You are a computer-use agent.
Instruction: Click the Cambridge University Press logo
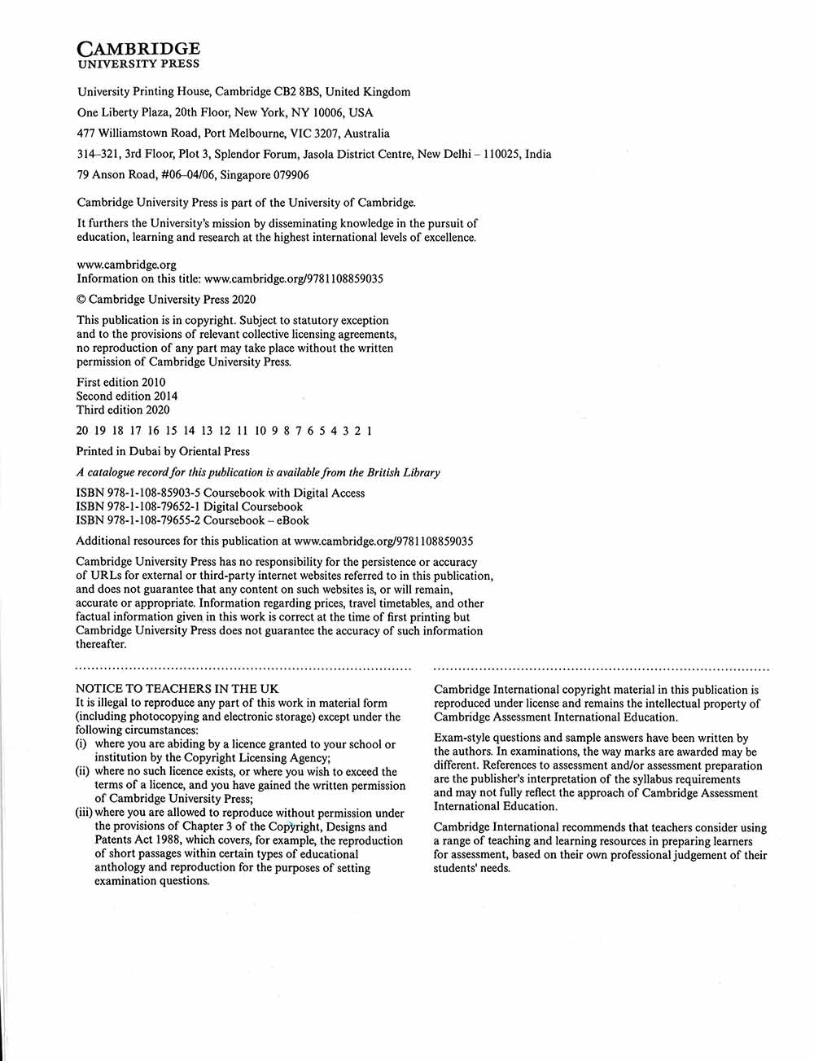click(138, 55)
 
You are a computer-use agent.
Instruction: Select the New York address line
click(225, 113)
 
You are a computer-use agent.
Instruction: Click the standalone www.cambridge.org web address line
click(126, 265)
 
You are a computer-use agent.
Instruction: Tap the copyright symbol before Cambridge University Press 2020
click(81, 300)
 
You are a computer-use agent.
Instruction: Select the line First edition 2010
click(120, 383)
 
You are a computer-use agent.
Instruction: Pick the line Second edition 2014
click(127, 397)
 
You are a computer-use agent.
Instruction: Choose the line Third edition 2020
click(123, 410)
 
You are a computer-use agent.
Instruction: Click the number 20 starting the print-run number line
click(82, 432)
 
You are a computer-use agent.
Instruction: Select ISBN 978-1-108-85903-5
click(138, 493)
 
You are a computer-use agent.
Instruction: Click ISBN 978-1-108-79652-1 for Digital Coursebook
click(138, 507)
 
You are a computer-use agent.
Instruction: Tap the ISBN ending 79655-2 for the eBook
click(138, 521)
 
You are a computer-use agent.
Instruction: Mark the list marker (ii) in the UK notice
click(82, 772)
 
